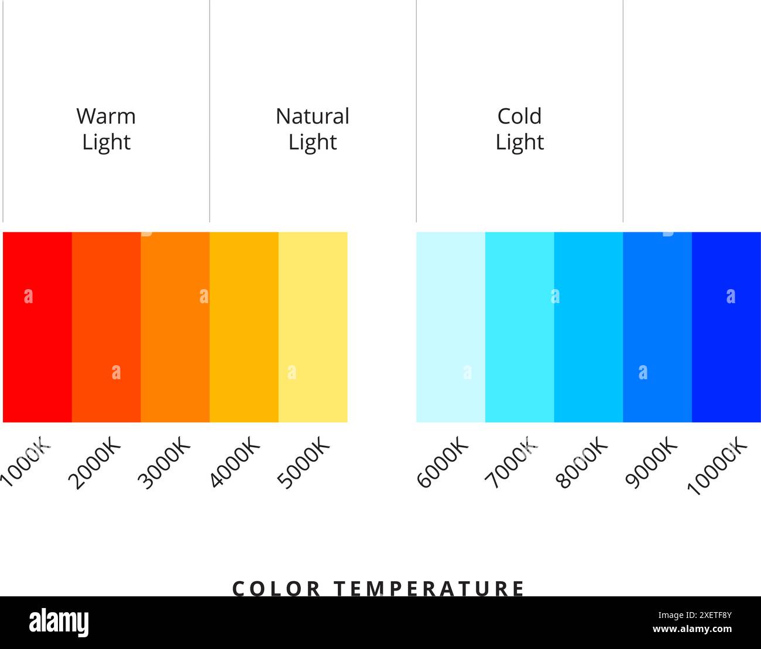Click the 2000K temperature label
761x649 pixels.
pyautogui.click(x=94, y=463)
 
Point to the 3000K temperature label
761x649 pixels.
pyautogui.click(x=164, y=463)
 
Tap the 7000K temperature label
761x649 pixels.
pyautogui.click(x=510, y=463)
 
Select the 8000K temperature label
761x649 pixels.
pyautogui.click(x=581, y=463)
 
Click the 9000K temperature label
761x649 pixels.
pyautogui.click(x=651, y=463)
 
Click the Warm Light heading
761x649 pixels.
pyautogui.click(x=106, y=129)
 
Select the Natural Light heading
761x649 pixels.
pyautogui.click(x=313, y=129)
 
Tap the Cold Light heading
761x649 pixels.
pyautogui.click(x=519, y=129)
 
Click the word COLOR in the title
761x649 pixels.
pyautogui.click(x=276, y=588)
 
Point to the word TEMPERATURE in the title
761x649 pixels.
pyautogui.click(x=429, y=588)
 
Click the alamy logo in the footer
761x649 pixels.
pyautogui.click(x=59, y=623)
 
